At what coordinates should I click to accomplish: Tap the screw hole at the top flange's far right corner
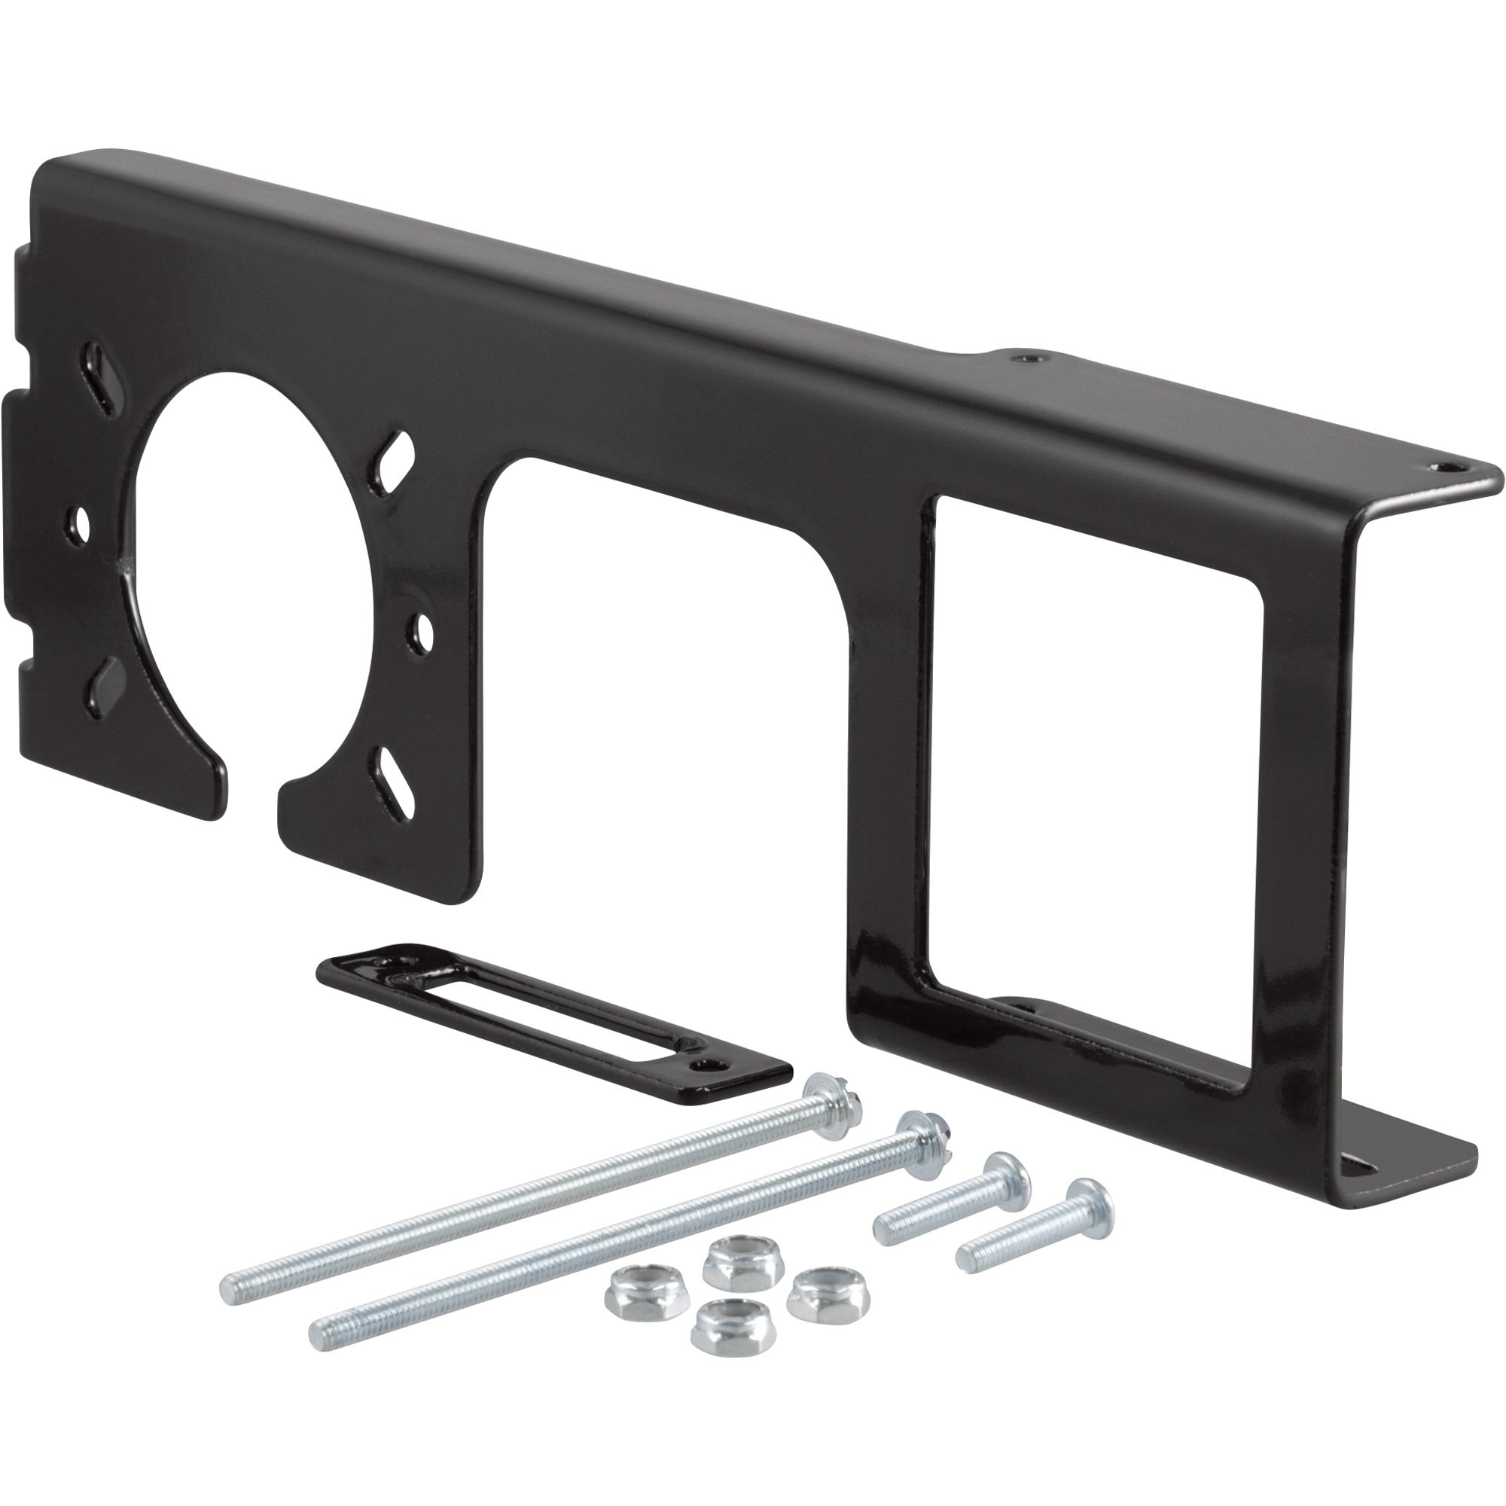click(x=1445, y=465)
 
